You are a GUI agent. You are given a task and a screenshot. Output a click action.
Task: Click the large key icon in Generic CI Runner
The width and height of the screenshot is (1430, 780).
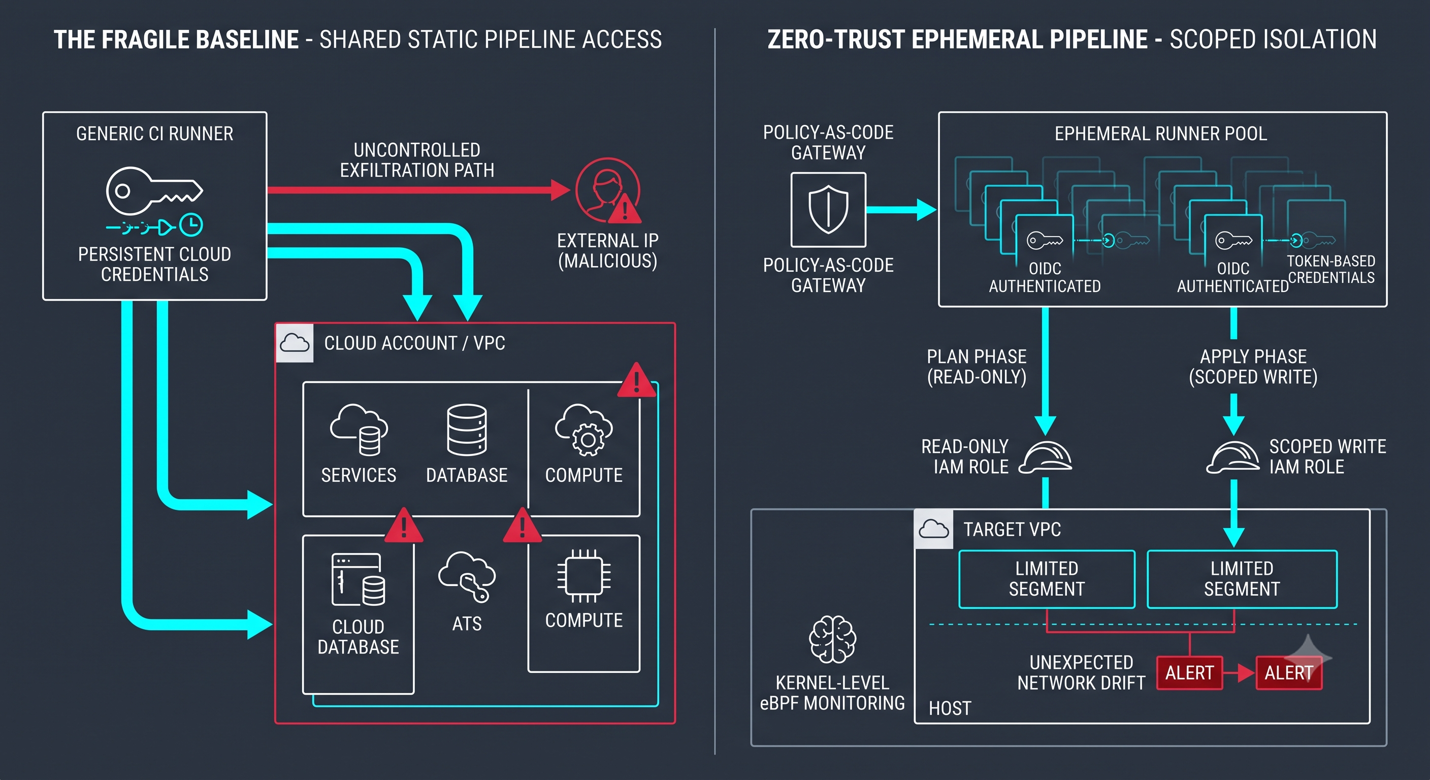154,191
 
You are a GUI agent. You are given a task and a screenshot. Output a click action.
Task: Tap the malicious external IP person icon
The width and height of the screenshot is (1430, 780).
607,190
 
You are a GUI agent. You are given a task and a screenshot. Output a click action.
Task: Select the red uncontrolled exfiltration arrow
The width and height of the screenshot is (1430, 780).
418,190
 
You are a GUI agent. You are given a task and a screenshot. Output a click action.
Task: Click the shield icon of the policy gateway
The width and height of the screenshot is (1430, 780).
828,209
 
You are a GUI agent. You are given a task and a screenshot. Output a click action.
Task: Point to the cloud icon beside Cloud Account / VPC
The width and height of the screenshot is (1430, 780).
294,343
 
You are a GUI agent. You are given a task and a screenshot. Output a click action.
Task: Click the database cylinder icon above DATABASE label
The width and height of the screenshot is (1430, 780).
467,430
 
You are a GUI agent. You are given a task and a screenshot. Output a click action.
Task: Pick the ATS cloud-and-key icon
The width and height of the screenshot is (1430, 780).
466,576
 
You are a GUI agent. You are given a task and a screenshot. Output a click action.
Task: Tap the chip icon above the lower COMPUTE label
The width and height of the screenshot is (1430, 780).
584,576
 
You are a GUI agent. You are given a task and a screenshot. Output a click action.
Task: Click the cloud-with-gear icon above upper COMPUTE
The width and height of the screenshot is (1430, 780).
584,430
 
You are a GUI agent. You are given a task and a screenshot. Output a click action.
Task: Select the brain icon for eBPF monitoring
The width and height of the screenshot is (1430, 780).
832,639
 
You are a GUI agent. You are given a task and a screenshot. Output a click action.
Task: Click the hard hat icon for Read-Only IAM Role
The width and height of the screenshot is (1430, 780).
1045,457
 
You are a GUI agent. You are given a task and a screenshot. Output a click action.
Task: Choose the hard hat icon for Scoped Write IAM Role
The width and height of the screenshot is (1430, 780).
1233,457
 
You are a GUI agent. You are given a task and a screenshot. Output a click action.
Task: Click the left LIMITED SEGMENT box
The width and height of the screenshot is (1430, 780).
1047,579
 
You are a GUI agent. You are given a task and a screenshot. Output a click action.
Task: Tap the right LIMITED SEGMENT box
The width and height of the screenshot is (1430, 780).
1242,579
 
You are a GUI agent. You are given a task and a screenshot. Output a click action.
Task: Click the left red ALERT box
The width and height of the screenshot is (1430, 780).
1190,673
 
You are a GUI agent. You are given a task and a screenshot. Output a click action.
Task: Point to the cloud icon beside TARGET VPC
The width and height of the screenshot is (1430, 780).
934,529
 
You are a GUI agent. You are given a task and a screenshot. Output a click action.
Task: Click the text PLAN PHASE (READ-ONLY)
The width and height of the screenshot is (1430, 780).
977,367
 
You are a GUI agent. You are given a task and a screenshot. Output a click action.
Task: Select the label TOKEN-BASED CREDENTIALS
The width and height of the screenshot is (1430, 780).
1330,269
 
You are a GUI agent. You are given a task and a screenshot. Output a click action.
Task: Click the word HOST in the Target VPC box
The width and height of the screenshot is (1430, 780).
950,708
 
